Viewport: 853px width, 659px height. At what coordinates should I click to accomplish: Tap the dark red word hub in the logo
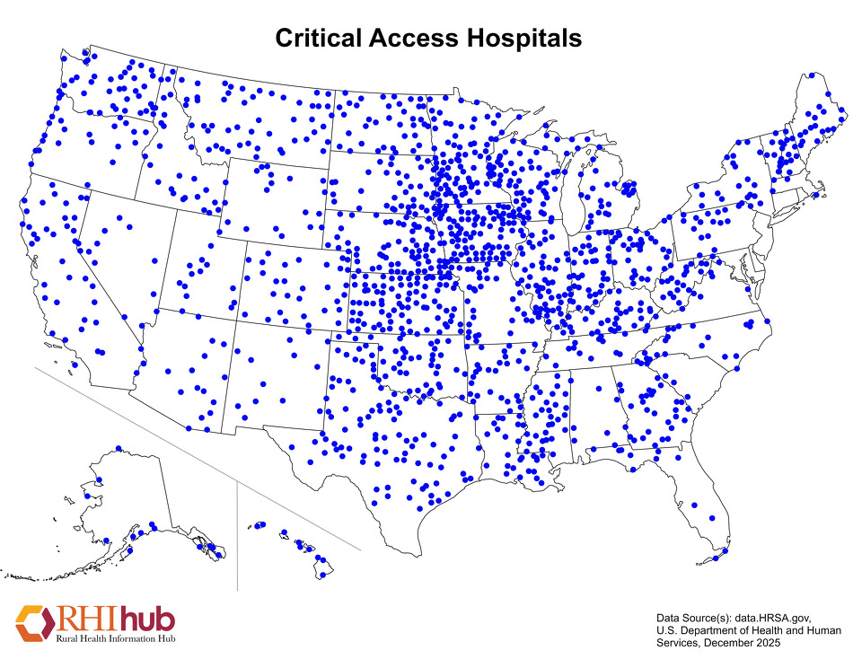click(x=147, y=619)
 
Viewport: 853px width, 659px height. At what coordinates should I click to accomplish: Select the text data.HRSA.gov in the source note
click(x=772, y=619)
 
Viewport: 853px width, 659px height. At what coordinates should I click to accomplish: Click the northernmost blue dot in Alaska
click(x=119, y=448)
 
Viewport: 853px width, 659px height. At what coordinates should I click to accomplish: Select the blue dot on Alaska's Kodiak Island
click(x=107, y=540)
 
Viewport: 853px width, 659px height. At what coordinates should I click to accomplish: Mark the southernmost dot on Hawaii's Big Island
click(x=322, y=575)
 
